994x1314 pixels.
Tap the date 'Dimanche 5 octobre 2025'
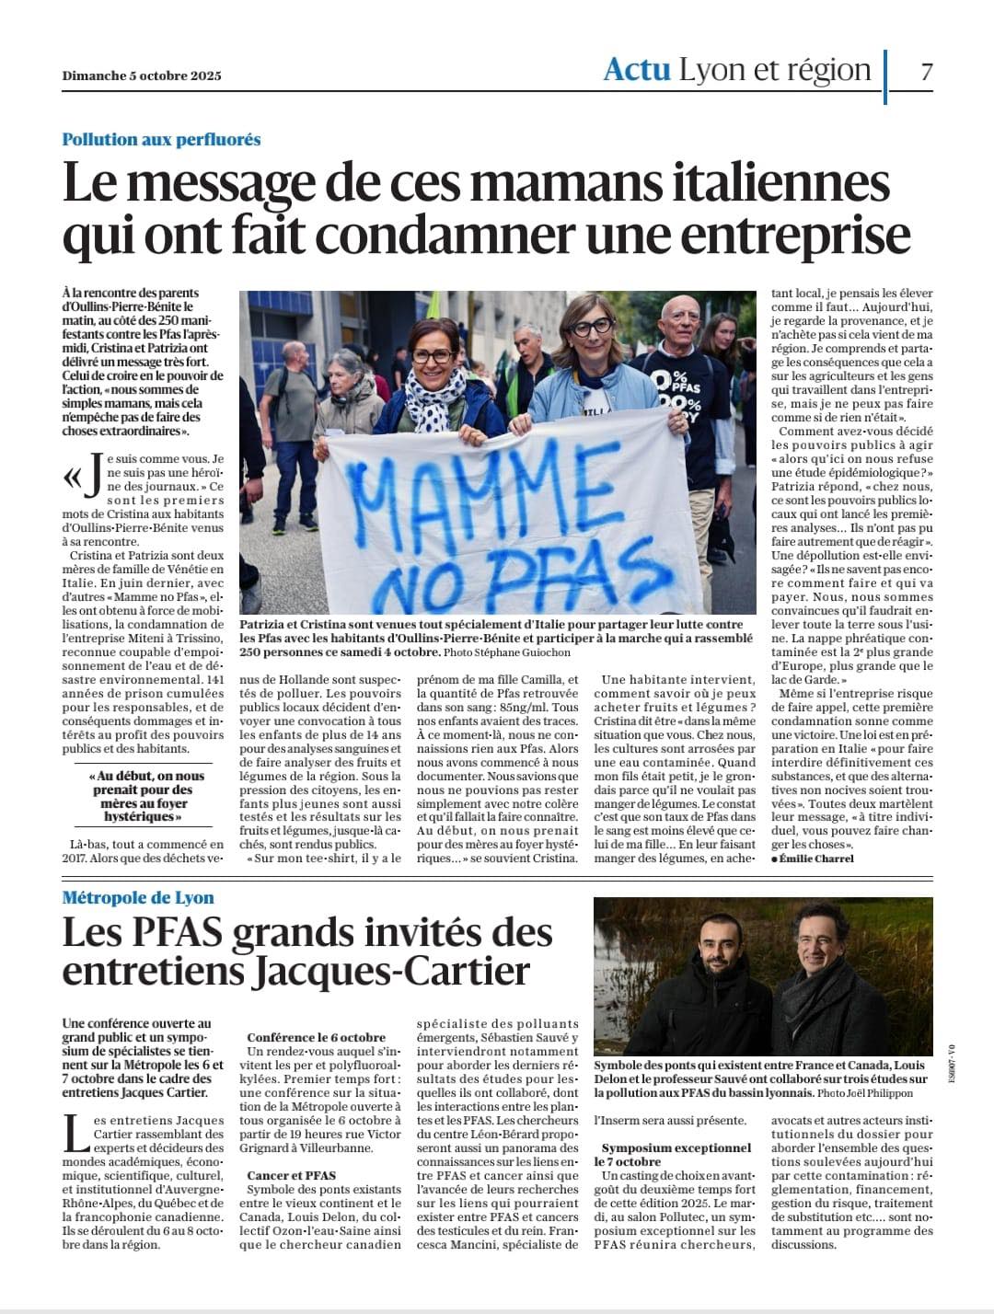click(x=142, y=76)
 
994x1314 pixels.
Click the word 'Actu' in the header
click(x=636, y=70)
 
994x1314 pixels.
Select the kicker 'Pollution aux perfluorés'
click(x=161, y=140)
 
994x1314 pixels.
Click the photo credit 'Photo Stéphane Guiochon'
click(x=506, y=652)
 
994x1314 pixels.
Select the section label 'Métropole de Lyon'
click(x=138, y=898)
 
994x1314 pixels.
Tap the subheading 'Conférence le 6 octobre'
click(x=316, y=1037)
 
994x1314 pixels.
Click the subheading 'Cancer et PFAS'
click(x=291, y=1175)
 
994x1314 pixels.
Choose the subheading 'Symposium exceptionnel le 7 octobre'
click(x=676, y=1155)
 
